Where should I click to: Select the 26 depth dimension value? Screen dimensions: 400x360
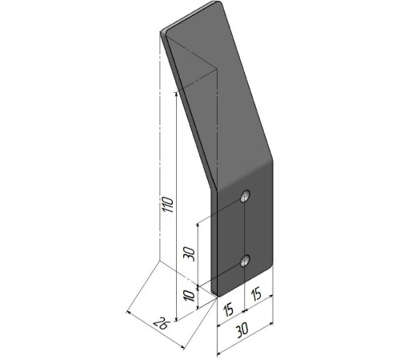[x=162, y=324]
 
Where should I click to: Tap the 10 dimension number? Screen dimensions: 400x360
[x=190, y=296]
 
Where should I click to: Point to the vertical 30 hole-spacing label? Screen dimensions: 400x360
[x=189, y=254]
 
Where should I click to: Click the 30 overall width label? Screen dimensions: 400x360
[x=242, y=330]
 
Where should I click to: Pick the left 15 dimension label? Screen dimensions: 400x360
[x=228, y=310]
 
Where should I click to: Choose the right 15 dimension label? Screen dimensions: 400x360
[x=256, y=294]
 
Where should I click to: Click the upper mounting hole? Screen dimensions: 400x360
[x=245, y=196]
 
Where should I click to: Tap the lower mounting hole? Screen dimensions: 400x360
[x=245, y=260]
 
